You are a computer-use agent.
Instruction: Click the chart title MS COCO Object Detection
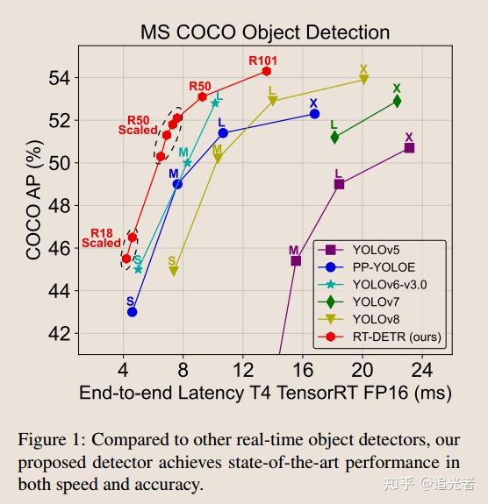click(x=265, y=32)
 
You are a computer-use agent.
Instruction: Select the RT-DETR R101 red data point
click(x=266, y=71)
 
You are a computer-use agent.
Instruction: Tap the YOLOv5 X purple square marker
click(x=409, y=148)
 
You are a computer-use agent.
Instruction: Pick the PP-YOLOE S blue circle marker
click(x=132, y=311)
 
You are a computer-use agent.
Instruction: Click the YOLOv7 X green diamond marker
click(x=397, y=101)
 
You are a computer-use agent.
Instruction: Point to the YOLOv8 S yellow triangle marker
click(x=174, y=271)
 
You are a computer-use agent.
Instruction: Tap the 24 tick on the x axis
click(x=422, y=366)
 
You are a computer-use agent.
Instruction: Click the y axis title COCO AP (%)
click(x=33, y=205)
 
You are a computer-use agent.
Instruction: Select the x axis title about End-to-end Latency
click(x=265, y=393)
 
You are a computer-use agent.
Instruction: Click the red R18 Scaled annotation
click(x=101, y=238)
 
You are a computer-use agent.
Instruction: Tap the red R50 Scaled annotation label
click(x=138, y=125)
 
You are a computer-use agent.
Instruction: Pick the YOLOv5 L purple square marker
click(x=339, y=184)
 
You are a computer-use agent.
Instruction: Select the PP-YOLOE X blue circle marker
click(x=314, y=114)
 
